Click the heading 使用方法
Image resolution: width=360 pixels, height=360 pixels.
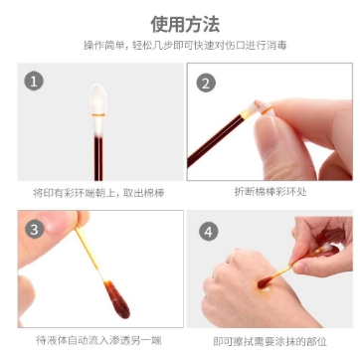(x=185, y=24)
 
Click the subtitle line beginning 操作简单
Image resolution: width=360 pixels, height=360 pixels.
(x=185, y=46)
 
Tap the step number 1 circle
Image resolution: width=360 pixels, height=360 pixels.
(x=34, y=82)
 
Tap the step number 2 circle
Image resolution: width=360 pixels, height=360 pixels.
(x=206, y=83)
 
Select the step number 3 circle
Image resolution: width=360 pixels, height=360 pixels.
(x=35, y=230)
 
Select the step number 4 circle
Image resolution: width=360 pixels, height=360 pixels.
(x=208, y=232)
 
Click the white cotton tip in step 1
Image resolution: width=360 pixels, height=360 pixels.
(x=98, y=110)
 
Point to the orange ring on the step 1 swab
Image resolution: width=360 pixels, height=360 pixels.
(x=98, y=115)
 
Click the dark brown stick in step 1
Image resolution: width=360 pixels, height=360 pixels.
(x=98, y=159)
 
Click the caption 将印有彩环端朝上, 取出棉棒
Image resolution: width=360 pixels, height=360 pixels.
(x=98, y=193)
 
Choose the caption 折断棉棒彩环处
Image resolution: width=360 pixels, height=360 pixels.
(x=270, y=192)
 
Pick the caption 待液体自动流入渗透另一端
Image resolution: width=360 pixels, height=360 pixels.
(x=98, y=340)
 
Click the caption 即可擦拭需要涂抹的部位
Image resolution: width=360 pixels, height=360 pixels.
(x=270, y=341)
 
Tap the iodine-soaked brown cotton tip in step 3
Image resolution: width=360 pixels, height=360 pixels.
(x=116, y=299)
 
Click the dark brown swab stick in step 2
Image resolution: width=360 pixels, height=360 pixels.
(x=216, y=139)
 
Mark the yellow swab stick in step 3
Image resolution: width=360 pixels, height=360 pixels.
(x=90, y=251)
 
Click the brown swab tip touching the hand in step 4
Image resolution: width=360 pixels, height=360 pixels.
(x=265, y=282)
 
